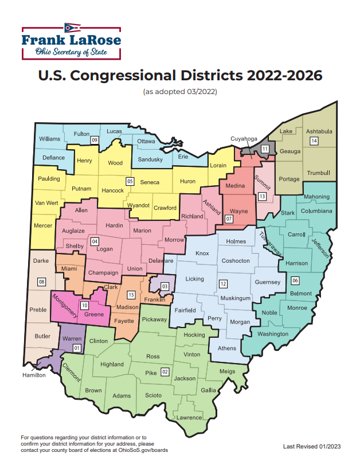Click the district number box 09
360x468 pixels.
95,140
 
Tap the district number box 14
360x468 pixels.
314,141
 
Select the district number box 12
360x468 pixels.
223,284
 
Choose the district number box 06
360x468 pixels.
295,280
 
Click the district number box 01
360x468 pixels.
76,348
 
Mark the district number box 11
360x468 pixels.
265,149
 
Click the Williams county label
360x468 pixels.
50,139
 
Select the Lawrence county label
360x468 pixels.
189,418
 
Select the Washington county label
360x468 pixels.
273,334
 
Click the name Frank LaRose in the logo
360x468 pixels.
72,40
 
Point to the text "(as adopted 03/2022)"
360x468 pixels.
180,92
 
